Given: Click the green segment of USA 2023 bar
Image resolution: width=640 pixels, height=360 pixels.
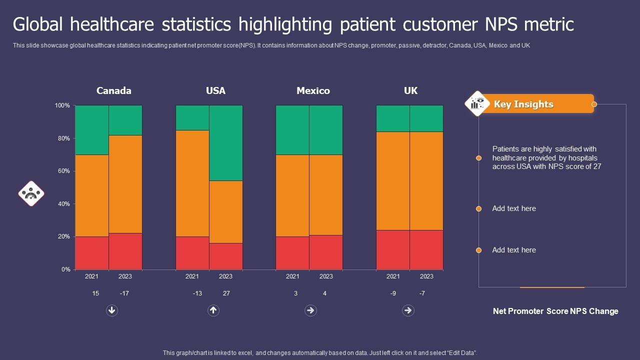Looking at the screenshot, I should click(225, 142).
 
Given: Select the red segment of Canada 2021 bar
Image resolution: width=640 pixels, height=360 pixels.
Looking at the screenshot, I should click(92, 253).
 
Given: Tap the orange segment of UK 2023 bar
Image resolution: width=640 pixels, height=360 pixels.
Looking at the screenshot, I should click(426, 180).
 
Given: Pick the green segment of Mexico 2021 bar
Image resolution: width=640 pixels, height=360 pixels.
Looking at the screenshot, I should click(292, 130).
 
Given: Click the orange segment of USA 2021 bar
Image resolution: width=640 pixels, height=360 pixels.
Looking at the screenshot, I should click(192, 183).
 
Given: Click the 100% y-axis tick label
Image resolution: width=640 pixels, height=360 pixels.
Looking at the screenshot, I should click(62, 105).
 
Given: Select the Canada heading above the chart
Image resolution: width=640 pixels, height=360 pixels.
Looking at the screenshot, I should click(114, 90).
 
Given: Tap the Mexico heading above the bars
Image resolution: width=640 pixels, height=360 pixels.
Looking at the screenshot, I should click(313, 90).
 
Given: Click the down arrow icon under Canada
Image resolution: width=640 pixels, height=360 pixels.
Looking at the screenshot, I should click(112, 310).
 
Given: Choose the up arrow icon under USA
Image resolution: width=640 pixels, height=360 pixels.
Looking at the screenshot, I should click(213, 310).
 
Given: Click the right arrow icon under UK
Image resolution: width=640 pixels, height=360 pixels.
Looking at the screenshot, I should click(408, 310).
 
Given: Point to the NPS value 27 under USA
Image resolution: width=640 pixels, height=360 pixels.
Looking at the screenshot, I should click(226, 293).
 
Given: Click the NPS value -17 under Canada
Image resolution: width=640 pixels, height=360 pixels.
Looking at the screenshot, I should click(124, 293).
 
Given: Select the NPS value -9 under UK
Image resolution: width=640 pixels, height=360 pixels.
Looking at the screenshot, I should click(393, 293).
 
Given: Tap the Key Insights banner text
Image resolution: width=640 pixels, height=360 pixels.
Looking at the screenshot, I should click(523, 104).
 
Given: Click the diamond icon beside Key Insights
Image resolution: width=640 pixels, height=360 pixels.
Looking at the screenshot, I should click(477, 103).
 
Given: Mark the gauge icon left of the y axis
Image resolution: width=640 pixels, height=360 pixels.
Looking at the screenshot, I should click(31, 193).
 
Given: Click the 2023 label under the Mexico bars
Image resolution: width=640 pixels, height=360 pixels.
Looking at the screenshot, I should click(326, 276).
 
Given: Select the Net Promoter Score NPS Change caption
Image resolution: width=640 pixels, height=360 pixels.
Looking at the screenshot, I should click(555, 311).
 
